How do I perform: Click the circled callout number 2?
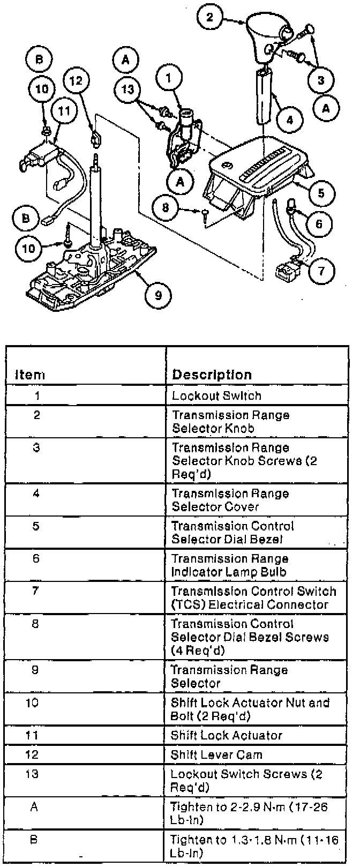point(209,17)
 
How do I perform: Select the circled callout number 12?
point(77,80)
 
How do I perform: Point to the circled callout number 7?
point(321,270)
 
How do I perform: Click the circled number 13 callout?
point(127,89)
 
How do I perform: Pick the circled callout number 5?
point(320,192)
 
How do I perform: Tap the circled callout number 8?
point(165,206)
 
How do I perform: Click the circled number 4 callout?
point(289,119)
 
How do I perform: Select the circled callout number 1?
point(169,78)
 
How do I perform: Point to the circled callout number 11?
point(64,111)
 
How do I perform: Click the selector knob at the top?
point(266,38)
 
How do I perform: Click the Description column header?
point(212,375)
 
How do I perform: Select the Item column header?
point(29,375)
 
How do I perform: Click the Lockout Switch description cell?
point(216,396)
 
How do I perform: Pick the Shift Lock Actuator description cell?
point(226,735)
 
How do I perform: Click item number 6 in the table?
point(36,558)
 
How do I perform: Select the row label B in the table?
point(34,840)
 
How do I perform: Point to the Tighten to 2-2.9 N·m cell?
point(249,813)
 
